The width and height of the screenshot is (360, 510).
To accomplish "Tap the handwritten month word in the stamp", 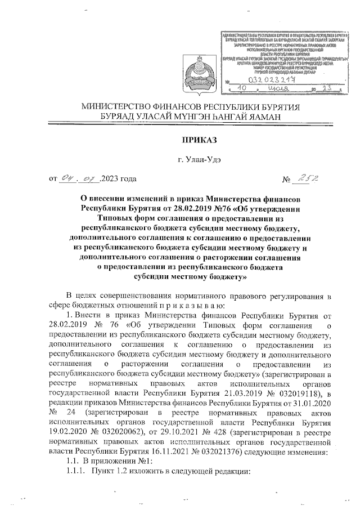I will click(x=278, y=89).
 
